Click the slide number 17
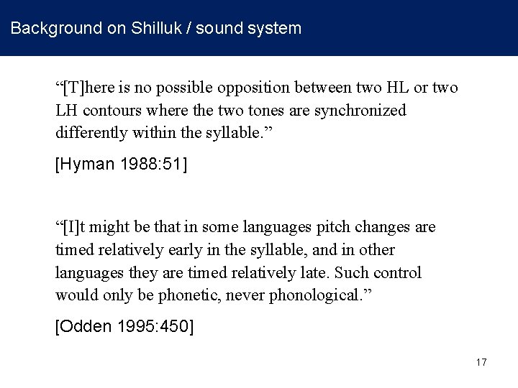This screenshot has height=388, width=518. click(481, 362)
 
